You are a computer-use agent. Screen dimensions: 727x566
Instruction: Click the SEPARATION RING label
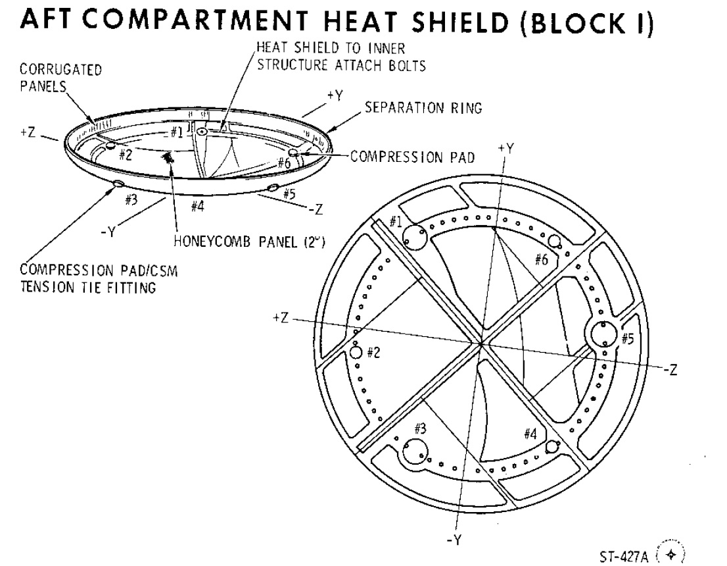(x=423, y=108)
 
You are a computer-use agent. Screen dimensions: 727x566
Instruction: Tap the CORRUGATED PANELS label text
(x=60, y=78)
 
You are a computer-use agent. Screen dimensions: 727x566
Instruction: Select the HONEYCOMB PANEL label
(x=249, y=242)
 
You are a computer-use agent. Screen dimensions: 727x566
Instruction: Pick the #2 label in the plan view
(x=374, y=352)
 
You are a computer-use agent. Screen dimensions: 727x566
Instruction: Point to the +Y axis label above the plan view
(x=506, y=149)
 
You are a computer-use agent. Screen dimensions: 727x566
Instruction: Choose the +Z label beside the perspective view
(x=28, y=132)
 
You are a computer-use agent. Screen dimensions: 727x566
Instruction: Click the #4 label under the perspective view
(x=197, y=206)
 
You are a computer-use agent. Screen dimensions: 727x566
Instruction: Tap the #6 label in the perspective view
(x=284, y=163)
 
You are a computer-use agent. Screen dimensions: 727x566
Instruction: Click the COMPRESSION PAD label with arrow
(x=413, y=157)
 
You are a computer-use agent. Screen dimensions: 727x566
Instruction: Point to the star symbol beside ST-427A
(x=671, y=554)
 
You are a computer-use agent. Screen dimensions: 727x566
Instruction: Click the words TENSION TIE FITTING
(x=87, y=287)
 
